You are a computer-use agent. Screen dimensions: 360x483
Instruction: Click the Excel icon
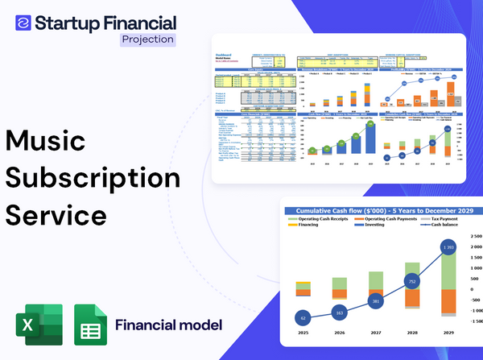pyautogui.click(x=39, y=326)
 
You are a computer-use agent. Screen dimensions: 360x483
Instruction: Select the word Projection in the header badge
pyautogui.click(x=147, y=39)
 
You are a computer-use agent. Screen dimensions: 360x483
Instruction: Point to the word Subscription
pyautogui.click(x=93, y=178)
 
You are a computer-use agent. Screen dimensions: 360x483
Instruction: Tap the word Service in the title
pyautogui.click(x=56, y=215)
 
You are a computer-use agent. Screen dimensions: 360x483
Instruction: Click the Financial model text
pyautogui.click(x=168, y=325)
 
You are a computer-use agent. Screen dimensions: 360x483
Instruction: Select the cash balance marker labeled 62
pyautogui.click(x=302, y=317)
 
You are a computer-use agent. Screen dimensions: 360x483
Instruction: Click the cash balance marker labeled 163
pyautogui.click(x=339, y=312)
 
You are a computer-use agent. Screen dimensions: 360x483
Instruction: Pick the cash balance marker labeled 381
pyautogui.click(x=375, y=301)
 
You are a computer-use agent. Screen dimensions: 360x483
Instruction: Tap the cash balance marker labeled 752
pyautogui.click(x=411, y=282)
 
